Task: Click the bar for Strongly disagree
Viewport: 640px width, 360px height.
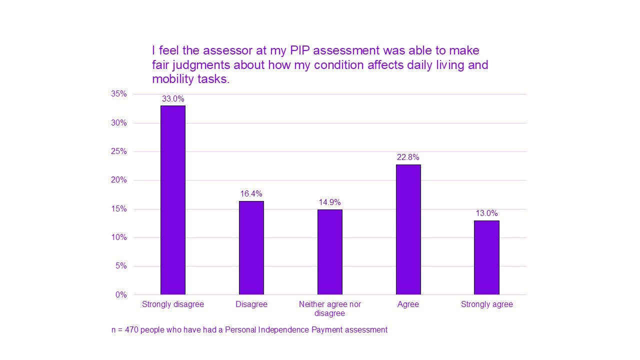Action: (172, 200)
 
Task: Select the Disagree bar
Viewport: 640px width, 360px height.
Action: (251, 247)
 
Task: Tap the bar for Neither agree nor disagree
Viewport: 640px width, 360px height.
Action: (329, 252)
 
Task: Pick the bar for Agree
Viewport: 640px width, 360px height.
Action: (408, 229)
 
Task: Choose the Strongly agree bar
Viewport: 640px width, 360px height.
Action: (486, 257)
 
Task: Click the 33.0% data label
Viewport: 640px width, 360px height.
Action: (172, 99)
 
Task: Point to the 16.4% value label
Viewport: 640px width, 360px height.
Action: (251, 194)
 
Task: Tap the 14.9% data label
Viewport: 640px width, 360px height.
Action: (329, 202)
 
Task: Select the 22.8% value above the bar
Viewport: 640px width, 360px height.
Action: (408, 157)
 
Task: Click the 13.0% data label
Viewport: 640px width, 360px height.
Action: (486, 213)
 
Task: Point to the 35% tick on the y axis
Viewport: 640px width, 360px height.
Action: (119, 94)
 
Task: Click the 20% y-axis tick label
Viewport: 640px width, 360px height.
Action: (119, 180)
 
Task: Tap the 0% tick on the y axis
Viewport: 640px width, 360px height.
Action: (121, 294)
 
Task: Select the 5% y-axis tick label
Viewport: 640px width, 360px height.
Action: (121, 266)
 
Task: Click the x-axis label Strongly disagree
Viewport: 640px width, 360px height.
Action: (172, 304)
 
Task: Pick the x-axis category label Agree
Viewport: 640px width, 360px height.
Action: (408, 304)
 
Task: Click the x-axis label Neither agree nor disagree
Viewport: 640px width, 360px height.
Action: (329, 308)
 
